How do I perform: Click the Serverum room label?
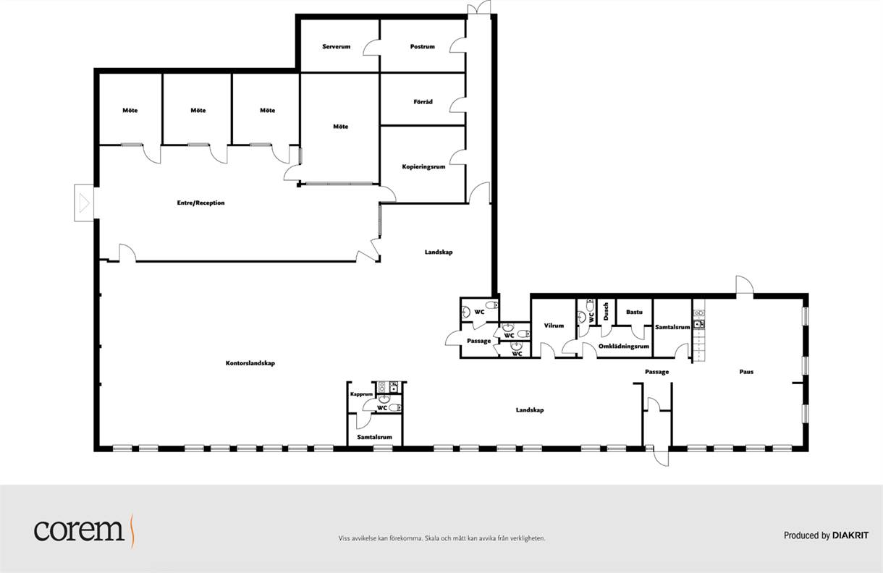tap(337, 46)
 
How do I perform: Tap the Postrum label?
tap(422, 46)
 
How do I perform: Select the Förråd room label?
tap(423, 102)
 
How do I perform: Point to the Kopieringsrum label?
tap(423, 166)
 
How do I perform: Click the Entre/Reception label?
tap(200, 203)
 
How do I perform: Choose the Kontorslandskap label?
tap(250, 363)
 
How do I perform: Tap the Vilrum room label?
tap(554, 326)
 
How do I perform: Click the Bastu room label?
tap(634, 312)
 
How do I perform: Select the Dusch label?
tap(606, 311)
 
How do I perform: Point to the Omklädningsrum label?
tap(624, 347)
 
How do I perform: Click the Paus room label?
tap(746, 372)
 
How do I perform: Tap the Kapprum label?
tap(361, 394)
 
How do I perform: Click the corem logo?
tap(84, 530)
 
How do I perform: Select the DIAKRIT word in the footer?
tap(850, 535)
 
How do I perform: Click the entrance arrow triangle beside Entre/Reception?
tap(85, 203)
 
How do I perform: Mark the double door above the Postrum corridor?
tap(479, 8)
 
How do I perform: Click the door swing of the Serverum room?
tap(371, 47)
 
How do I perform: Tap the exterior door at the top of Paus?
tap(745, 285)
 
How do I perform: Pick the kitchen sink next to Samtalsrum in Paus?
tap(699, 324)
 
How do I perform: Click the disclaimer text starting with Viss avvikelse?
tap(441, 538)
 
